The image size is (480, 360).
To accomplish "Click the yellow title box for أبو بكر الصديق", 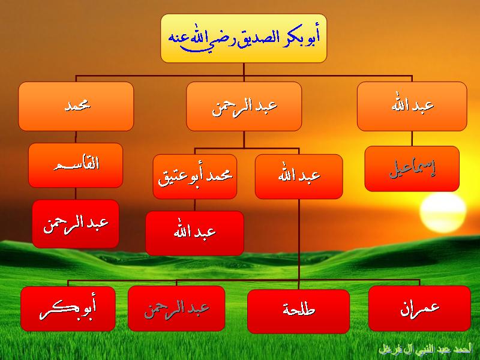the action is [244, 38].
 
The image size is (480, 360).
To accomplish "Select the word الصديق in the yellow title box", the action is [259, 38].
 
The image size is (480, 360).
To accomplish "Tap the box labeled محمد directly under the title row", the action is [76, 106].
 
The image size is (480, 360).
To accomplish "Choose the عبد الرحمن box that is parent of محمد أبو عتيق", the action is [244, 106].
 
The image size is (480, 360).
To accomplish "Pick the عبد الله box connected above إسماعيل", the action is [412, 106].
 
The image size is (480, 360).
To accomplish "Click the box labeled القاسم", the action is [76, 166].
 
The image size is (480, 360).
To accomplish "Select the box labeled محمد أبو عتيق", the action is [195, 176].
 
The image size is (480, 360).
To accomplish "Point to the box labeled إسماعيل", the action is [412, 169].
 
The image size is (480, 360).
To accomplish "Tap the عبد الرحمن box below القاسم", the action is [76, 224].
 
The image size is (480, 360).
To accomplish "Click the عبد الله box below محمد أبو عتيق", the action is [194, 233].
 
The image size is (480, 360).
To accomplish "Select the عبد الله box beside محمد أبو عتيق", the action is [299, 176].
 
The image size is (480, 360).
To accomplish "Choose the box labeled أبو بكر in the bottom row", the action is [68, 309].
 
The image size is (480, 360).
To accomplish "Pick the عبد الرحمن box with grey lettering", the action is [176, 308].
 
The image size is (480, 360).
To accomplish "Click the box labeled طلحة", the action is [298, 311].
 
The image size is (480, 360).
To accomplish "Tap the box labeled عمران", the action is [419, 308].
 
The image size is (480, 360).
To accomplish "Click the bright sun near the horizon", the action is [443, 212].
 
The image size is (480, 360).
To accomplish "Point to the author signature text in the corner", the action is [425, 350].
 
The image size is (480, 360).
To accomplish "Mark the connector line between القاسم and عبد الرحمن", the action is [76, 194].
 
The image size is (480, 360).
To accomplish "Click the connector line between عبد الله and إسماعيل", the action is [412, 139].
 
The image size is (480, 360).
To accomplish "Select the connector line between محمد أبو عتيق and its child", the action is [194, 205].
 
